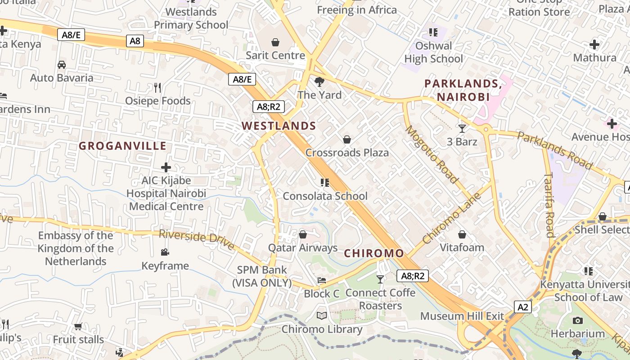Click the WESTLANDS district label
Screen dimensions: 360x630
279,126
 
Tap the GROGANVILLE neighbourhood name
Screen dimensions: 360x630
123,146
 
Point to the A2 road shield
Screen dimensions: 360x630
522,307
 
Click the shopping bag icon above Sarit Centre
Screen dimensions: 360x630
275,42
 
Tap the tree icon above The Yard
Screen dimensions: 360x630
319,81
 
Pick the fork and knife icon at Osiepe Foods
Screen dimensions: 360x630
157,87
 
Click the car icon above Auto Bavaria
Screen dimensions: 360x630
62,64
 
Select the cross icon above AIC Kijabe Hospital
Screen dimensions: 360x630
166,167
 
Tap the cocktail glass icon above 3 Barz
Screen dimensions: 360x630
462,129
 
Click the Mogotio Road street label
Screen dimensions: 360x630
432,154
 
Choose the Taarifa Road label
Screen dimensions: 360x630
549,205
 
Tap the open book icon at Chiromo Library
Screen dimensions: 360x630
322,316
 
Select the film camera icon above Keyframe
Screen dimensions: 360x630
165,252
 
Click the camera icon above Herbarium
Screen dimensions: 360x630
578,320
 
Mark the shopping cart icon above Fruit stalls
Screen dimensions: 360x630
78,326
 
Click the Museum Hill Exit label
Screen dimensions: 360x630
462,316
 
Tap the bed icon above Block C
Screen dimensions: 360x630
322,280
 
